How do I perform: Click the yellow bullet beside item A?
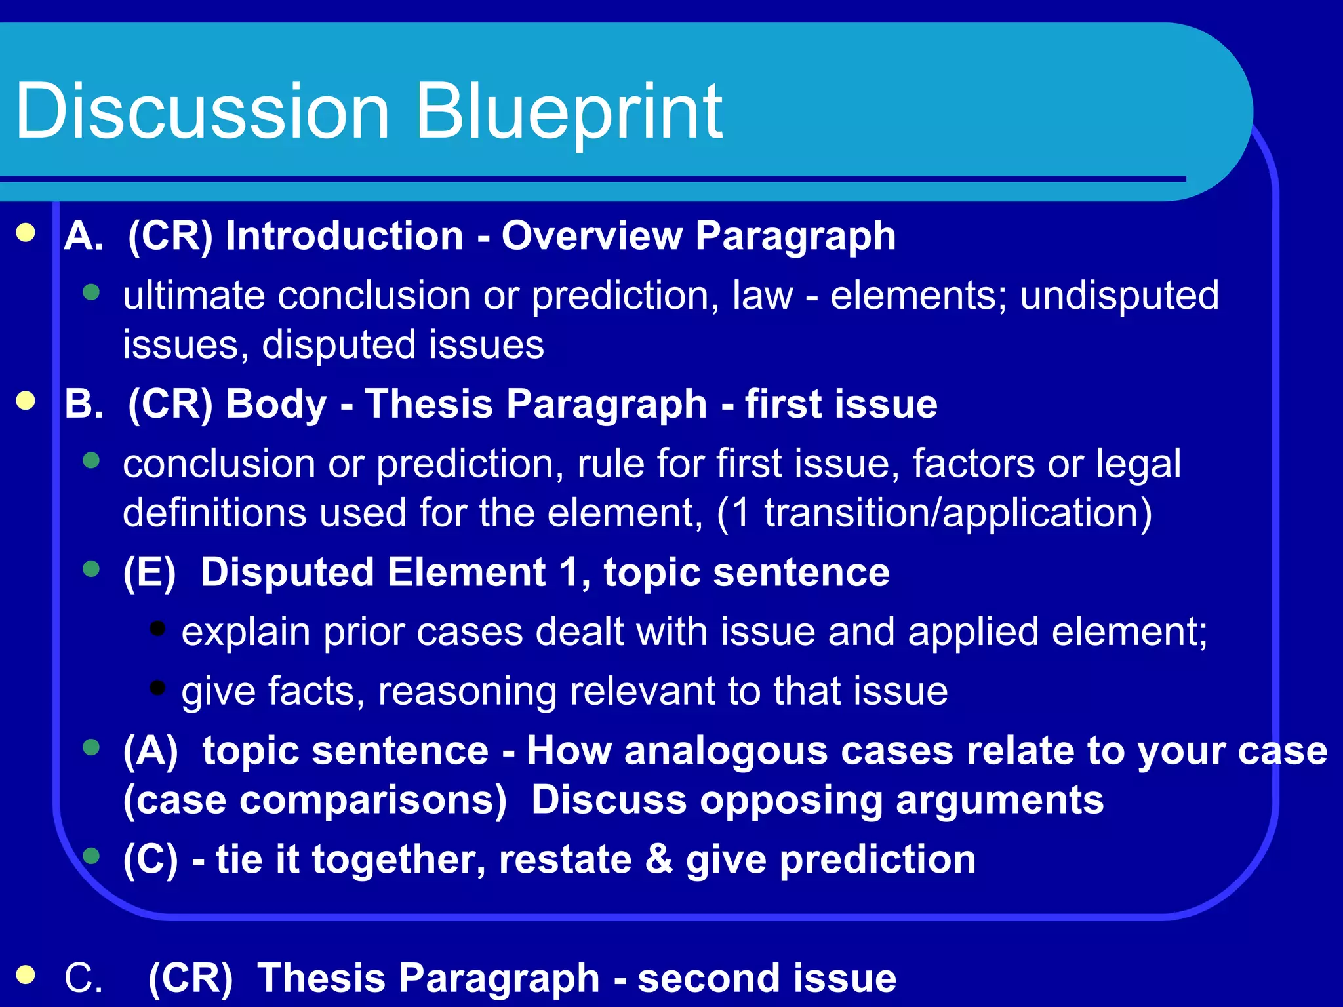(x=26, y=233)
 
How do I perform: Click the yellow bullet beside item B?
(x=26, y=401)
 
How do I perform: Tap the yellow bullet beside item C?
(x=26, y=974)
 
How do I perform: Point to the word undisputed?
(x=1119, y=295)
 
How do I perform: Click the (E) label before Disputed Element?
(x=150, y=572)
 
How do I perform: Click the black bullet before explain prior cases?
(x=157, y=628)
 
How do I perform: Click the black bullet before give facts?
(x=157, y=688)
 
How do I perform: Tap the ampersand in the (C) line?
(x=658, y=859)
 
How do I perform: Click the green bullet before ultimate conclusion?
(x=92, y=292)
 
